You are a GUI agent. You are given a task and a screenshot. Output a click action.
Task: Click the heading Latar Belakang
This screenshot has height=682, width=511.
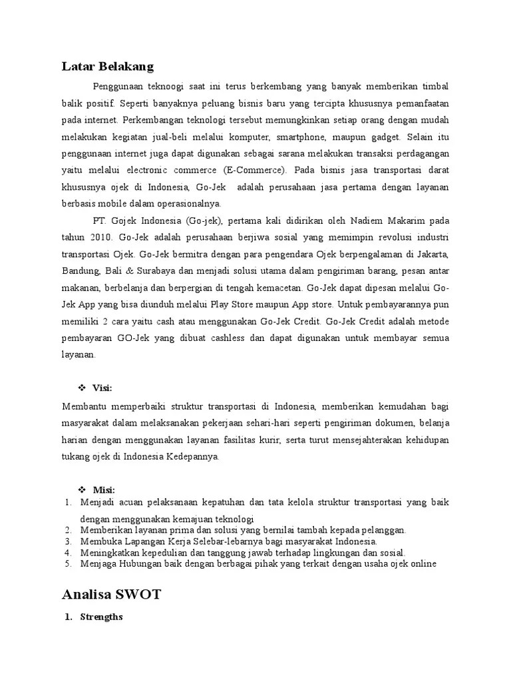pyautogui.click(x=107, y=66)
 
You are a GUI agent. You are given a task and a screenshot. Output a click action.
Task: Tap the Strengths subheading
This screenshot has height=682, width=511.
pyautogui.click(x=101, y=617)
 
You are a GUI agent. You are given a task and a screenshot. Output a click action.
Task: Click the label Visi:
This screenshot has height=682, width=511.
pyautogui.click(x=102, y=388)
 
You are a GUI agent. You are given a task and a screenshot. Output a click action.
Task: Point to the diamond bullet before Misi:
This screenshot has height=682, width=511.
pyautogui.click(x=83, y=490)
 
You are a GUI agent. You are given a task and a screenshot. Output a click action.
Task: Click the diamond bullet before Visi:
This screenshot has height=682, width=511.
pyautogui.click(x=83, y=388)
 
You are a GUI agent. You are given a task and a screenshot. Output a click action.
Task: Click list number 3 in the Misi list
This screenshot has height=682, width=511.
pyautogui.click(x=68, y=541)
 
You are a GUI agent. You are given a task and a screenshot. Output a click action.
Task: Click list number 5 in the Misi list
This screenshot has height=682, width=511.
pyautogui.click(x=68, y=563)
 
